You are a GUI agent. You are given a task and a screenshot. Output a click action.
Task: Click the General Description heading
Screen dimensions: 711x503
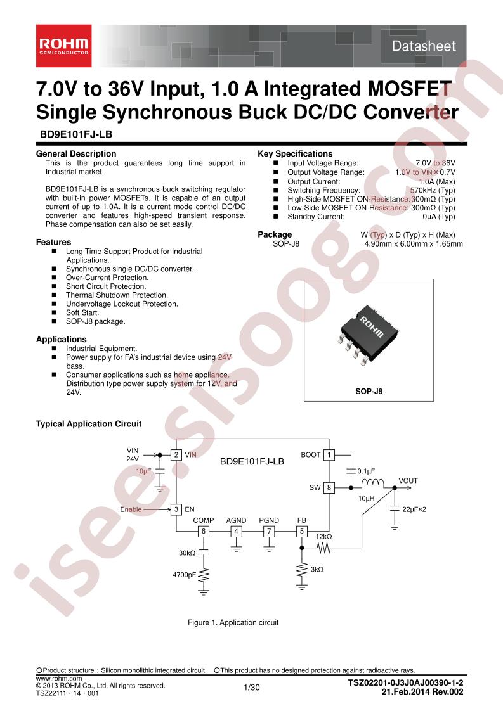pos(76,153)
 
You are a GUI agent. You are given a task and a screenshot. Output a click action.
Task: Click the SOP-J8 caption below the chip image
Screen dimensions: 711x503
pos(369,392)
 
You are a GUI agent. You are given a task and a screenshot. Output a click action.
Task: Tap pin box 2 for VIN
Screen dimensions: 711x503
pos(176,454)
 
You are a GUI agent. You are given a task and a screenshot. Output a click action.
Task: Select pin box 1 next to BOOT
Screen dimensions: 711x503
pos(329,454)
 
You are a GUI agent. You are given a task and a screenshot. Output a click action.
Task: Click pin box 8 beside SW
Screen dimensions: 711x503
pos(329,488)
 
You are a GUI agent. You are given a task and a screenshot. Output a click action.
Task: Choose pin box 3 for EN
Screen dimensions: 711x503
pos(176,509)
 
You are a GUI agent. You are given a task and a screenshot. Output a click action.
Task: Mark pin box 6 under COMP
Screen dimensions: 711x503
pos(204,531)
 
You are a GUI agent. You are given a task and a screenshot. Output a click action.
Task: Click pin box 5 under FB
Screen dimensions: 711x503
pos(302,531)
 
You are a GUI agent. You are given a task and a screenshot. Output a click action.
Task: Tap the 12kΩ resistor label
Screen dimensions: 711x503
pos(323,537)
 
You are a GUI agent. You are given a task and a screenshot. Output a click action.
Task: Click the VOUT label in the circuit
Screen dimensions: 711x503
pos(408,480)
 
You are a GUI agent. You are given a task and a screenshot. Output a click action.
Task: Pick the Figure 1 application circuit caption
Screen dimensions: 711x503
pos(233,622)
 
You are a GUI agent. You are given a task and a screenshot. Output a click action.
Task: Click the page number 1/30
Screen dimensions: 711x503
pos(251,688)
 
